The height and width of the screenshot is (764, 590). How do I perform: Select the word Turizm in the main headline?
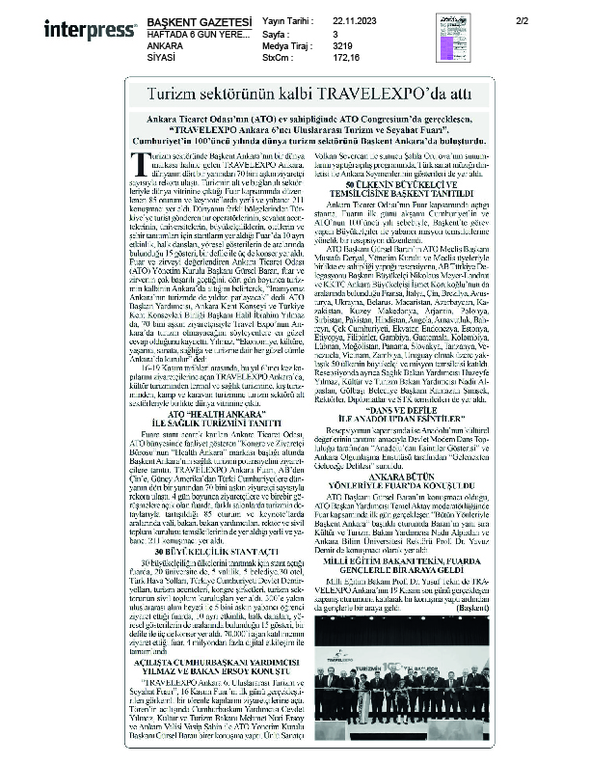pos(169,93)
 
